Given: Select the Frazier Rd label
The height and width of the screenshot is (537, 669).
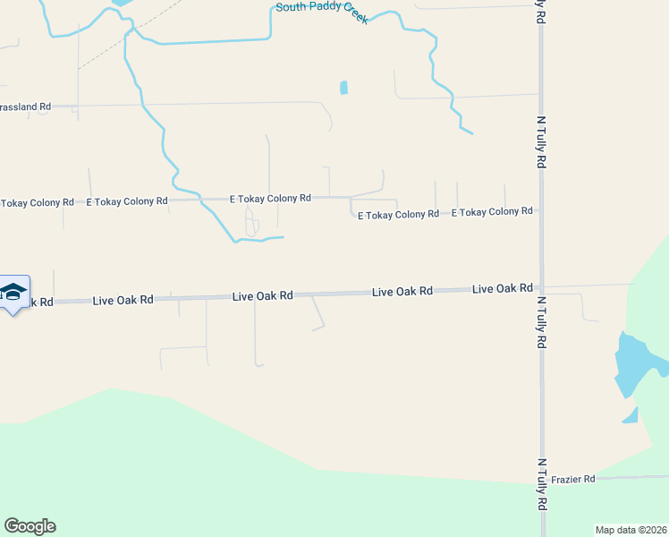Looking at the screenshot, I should click(x=573, y=480).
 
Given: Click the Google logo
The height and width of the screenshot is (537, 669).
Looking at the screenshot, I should click(x=30, y=526).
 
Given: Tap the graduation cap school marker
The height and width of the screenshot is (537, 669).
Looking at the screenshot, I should click(x=13, y=292).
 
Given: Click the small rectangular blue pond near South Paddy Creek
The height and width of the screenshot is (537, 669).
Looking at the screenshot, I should click(x=343, y=88).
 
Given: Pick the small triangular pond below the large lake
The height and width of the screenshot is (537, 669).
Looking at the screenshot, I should click(x=631, y=416).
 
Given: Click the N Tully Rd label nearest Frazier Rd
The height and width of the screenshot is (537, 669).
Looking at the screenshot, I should click(x=541, y=484).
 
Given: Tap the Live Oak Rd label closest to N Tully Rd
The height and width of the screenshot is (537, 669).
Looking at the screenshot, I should click(x=503, y=288).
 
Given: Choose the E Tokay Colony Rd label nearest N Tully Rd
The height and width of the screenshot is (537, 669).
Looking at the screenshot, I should click(x=492, y=212).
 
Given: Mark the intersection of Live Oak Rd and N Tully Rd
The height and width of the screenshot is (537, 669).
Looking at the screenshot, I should click(x=540, y=288).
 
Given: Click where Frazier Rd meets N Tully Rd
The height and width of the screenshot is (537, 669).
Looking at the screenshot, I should click(x=541, y=480).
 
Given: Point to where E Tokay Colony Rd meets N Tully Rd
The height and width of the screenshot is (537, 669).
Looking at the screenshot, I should click(x=540, y=211).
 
